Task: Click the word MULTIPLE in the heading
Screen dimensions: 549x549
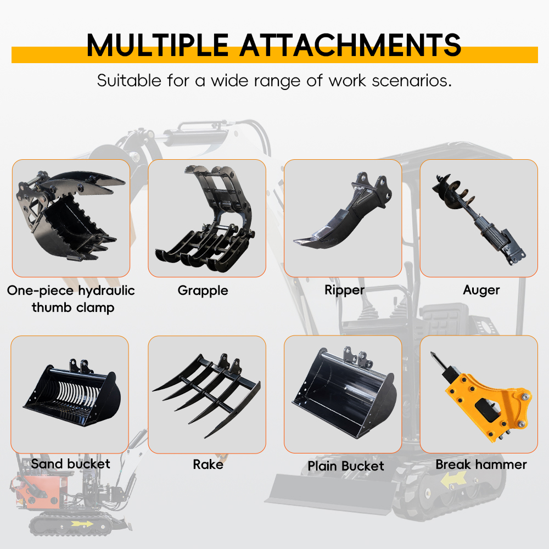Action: point(157,45)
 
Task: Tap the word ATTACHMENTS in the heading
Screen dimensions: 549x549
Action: point(350,45)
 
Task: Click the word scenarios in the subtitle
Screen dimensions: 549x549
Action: point(411,81)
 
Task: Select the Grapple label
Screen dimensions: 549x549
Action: point(203,290)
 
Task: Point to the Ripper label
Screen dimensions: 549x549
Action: point(345,290)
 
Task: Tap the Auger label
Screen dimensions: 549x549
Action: point(481,290)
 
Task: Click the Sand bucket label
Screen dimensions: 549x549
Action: point(70,464)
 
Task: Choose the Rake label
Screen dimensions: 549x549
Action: point(208,464)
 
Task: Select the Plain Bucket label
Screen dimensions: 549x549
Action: point(346,466)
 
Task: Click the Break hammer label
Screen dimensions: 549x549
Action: point(481,464)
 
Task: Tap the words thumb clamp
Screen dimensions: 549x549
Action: point(73,308)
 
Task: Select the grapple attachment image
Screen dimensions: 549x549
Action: point(206,219)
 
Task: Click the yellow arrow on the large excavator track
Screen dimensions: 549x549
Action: point(453,479)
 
